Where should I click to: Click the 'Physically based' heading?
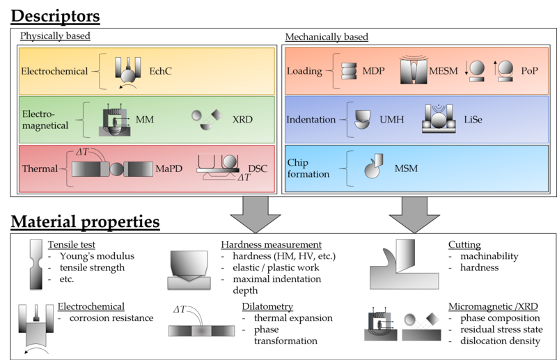(x=55, y=36)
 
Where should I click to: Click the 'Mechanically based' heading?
(x=327, y=36)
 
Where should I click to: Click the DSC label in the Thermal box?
(x=257, y=169)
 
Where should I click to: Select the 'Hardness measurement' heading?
(x=271, y=245)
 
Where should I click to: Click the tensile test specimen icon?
(x=36, y=264)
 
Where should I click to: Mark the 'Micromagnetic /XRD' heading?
(x=492, y=306)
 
